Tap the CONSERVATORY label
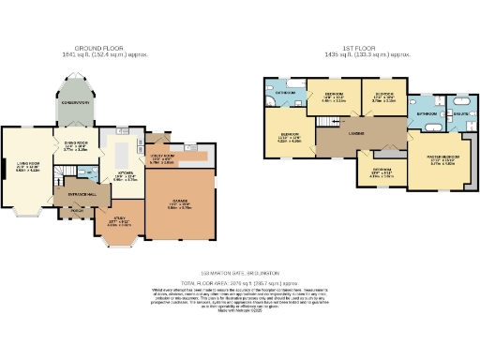pyautogui.click(x=83, y=103)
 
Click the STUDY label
pyautogui.click(x=118, y=223)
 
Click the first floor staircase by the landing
pyautogui.click(x=326, y=122)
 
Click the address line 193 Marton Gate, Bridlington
pyautogui.click(x=240, y=273)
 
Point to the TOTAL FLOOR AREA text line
pyautogui.click(x=240, y=280)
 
